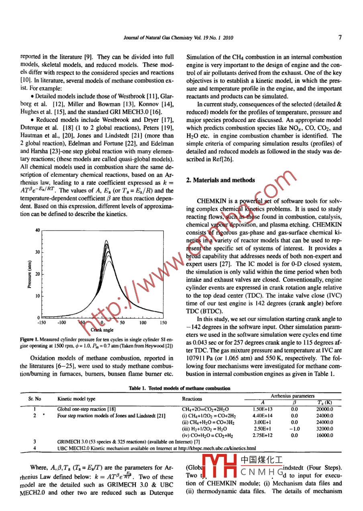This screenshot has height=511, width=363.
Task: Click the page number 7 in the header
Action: point(340,38)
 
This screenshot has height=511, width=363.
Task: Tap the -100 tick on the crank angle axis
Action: point(61,322)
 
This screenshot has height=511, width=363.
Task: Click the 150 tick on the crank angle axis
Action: point(163,322)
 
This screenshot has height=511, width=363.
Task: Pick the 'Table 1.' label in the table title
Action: point(138,388)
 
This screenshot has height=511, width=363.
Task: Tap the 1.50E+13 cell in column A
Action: point(263,409)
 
